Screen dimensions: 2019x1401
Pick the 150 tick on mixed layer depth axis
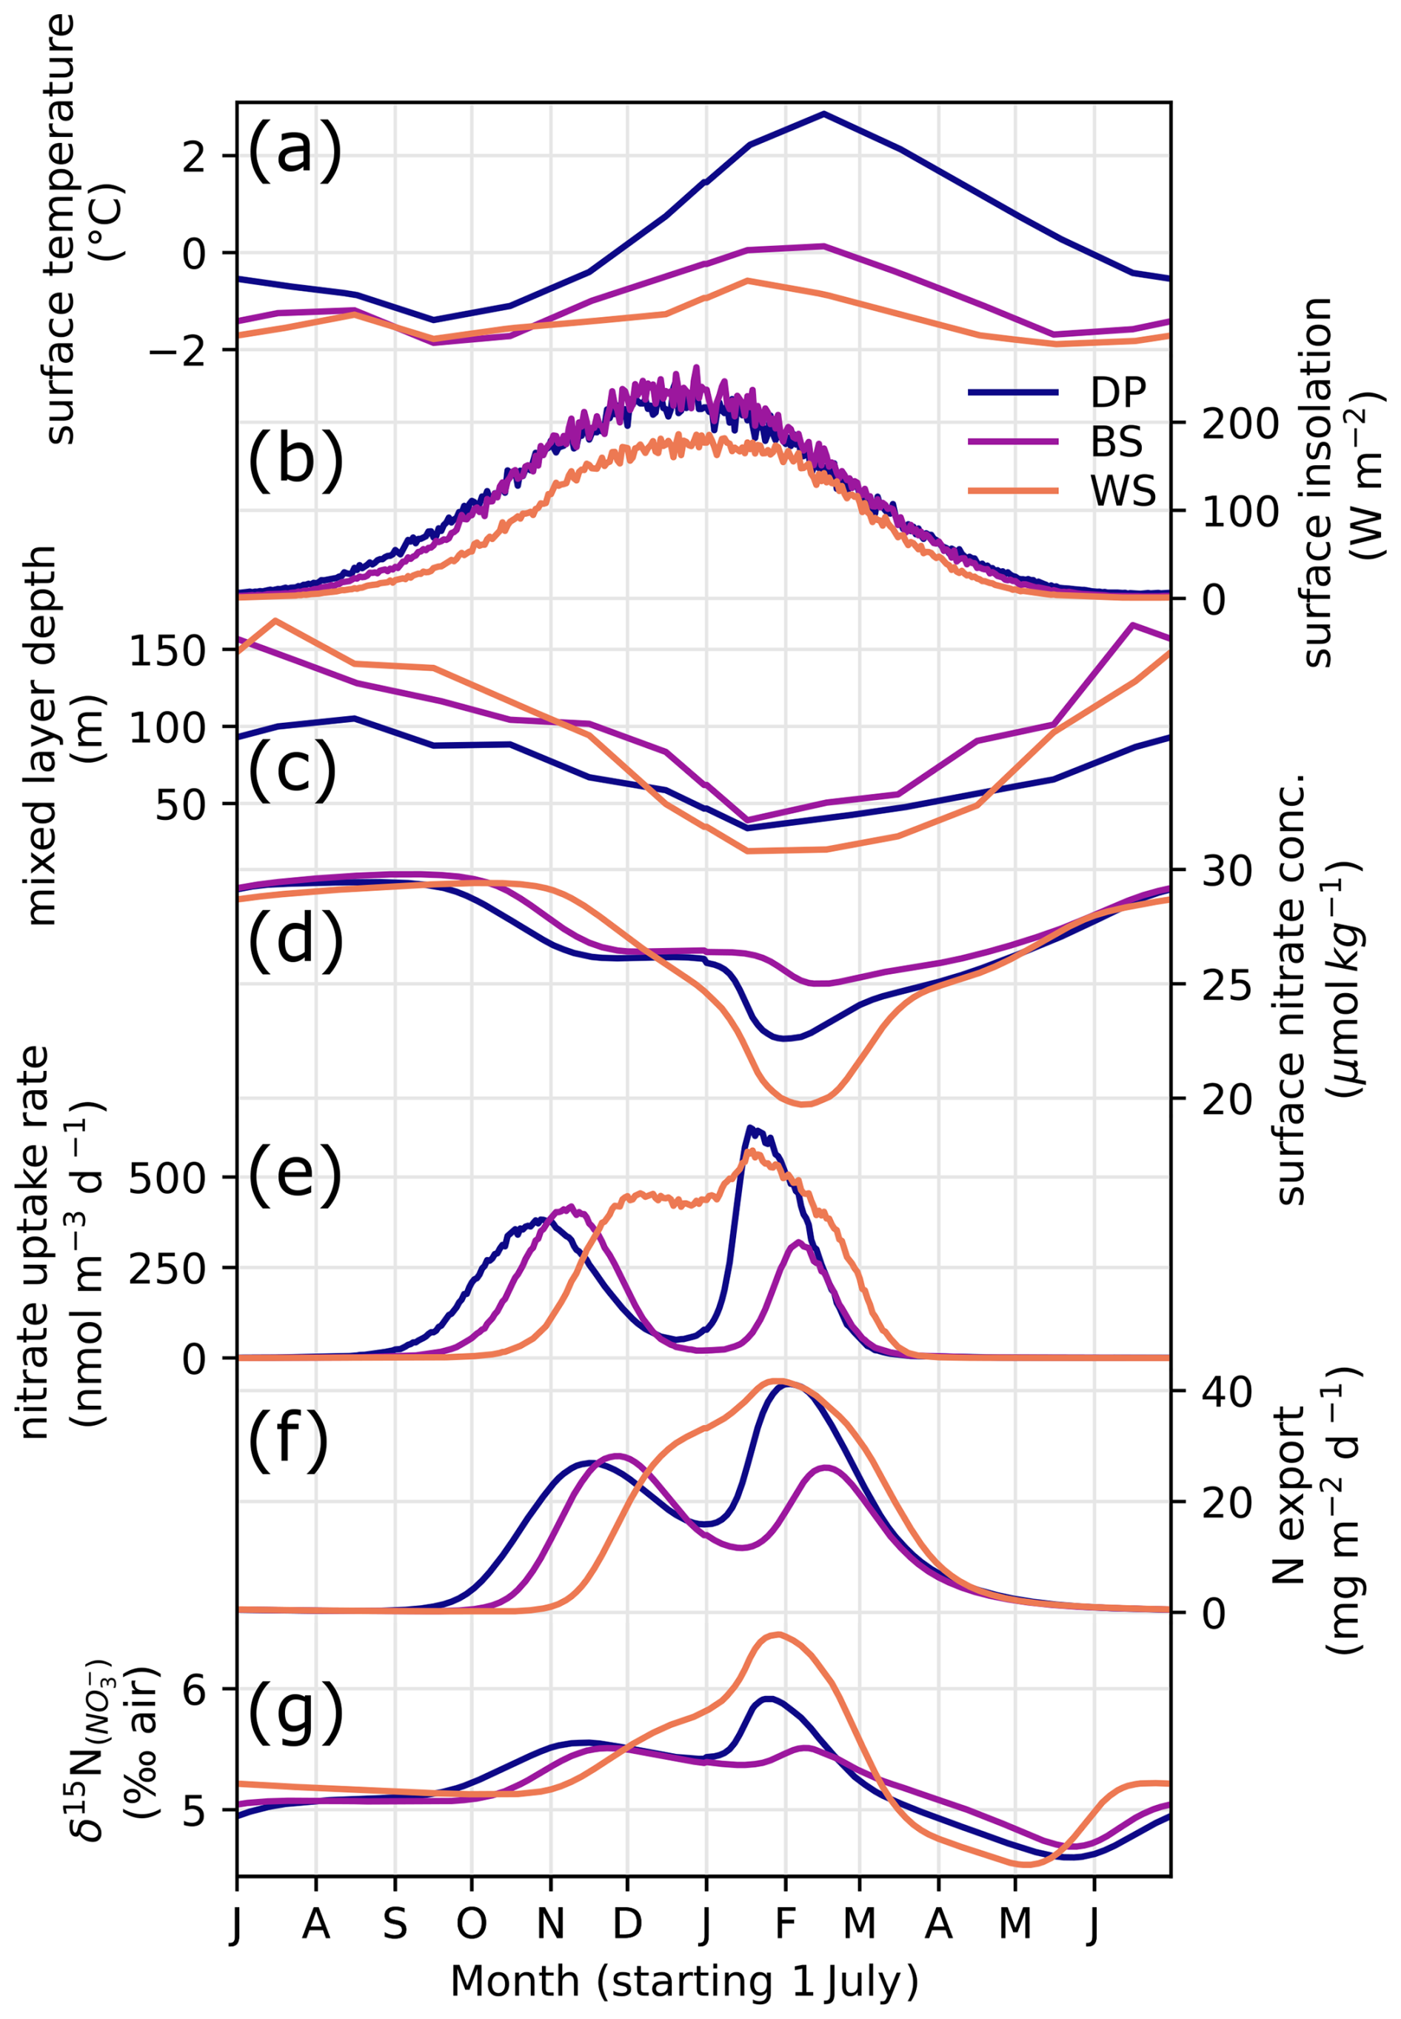167,650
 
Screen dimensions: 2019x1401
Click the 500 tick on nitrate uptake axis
167,1177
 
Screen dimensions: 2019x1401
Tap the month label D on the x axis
626,1923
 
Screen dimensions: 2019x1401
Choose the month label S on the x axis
394,1923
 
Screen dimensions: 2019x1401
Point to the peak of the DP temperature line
823,113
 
